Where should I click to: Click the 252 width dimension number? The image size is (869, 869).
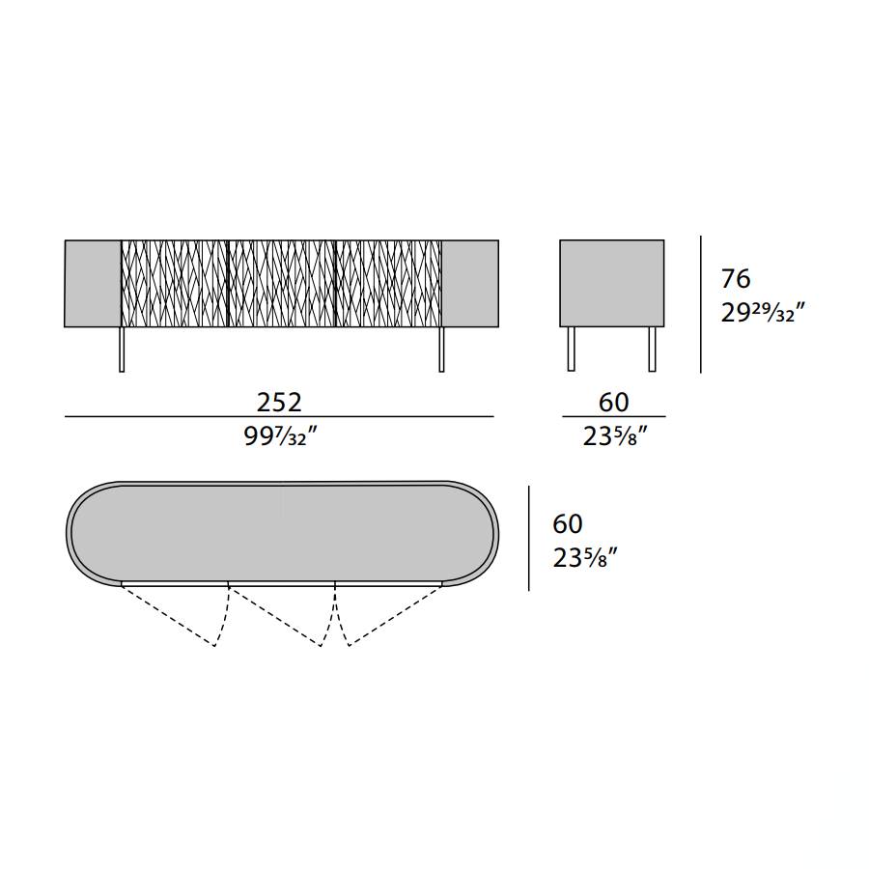click(279, 403)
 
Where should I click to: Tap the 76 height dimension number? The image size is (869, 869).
click(736, 279)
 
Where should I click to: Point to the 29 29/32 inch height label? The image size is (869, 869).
click(762, 313)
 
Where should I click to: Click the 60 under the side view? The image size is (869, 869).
click(613, 403)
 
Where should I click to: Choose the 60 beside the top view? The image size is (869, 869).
click(568, 523)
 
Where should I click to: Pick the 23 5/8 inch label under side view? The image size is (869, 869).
click(615, 437)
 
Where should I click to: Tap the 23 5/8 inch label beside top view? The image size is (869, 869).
click(585, 558)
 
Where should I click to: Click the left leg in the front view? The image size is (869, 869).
click(122, 350)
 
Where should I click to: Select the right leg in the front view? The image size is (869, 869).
click(441, 350)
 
